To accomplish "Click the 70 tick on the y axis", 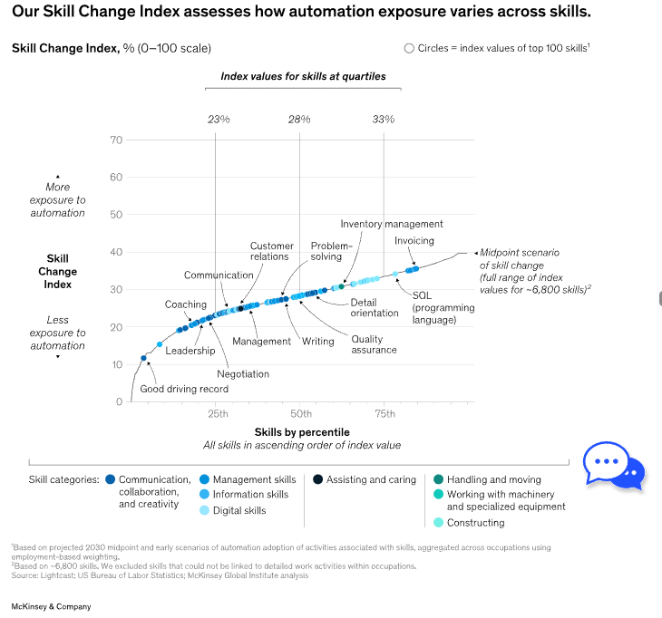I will coord(116,140).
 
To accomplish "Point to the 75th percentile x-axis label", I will coord(385,414).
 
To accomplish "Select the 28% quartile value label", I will coord(299,119).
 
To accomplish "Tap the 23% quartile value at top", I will coord(219,119).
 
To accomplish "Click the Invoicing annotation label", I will coord(414,241).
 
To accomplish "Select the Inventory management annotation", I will coord(392,224).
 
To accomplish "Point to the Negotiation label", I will coord(243,373).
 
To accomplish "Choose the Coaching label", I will coord(185,304).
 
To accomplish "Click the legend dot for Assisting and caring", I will coord(317,479).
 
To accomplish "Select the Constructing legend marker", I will coord(438,522).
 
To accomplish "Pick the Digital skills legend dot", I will coord(203,510).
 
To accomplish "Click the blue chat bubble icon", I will coord(613,465).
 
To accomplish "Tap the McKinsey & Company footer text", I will coord(51,605).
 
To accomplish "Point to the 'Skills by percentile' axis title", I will coord(301,431).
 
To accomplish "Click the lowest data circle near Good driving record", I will coord(143,359).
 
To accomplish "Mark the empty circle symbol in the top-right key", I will coord(409,48).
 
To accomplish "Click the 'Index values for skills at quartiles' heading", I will coord(303,76).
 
